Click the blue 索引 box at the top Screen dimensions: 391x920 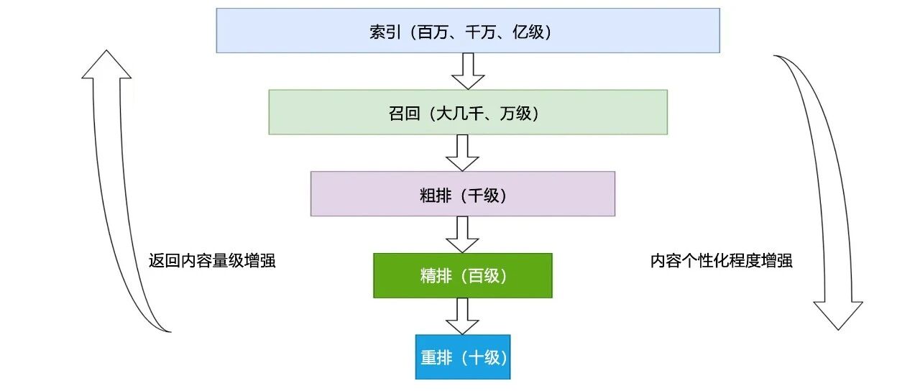[x=467, y=30]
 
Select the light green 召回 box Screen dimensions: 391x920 [x=467, y=111]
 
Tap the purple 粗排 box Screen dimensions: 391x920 [x=462, y=193]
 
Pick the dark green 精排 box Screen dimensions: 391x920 [x=462, y=275]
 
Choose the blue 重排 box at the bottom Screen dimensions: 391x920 [x=462, y=356]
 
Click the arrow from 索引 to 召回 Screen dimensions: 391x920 [x=468, y=70]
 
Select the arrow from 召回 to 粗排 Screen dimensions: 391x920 [x=462, y=152]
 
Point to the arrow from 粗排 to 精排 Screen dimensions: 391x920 [x=462, y=234]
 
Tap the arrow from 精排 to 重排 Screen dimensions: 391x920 [x=462, y=316]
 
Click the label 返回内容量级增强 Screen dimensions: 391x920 [x=211, y=261]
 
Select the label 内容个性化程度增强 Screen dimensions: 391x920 [x=721, y=261]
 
